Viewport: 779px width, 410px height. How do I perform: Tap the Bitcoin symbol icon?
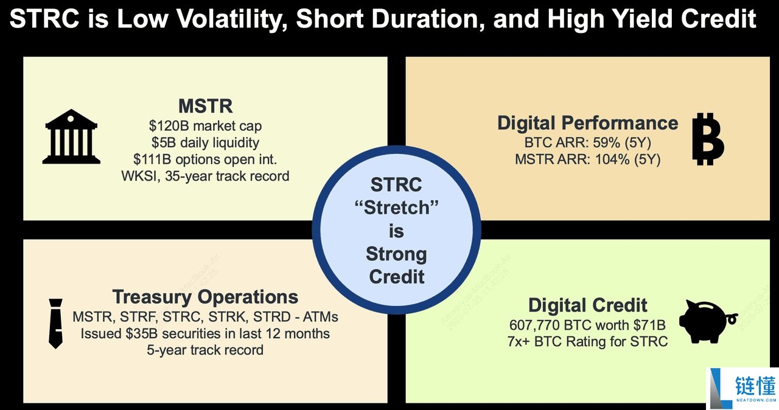[x=708, y=139]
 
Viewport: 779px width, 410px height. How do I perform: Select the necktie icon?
[x=55, y=324]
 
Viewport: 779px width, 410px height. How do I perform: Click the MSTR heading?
[x=205, y=106]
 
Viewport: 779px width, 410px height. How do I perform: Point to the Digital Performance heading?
[x=587, y=123]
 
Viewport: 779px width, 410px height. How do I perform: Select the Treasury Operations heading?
[x=205, y=297]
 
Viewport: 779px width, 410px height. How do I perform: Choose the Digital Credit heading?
[x=587, y=305]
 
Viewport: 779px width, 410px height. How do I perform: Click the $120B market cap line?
[x=205, y=127]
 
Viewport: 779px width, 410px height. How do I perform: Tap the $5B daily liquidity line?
[x=205, y=143]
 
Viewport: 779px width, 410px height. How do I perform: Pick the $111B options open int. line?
[x=205, y=160]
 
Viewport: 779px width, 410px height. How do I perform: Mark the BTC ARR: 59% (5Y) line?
[x=587, y=144]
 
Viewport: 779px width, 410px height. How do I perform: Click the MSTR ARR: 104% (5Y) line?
[x=587, y=161]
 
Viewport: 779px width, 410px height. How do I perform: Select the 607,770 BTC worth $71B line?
[x=587, y=325]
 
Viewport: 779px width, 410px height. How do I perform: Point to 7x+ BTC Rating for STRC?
[x=587, y=341]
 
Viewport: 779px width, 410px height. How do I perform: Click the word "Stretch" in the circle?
[x=396, y=208]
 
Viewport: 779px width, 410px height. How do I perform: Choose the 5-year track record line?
[x=205, y=350]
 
